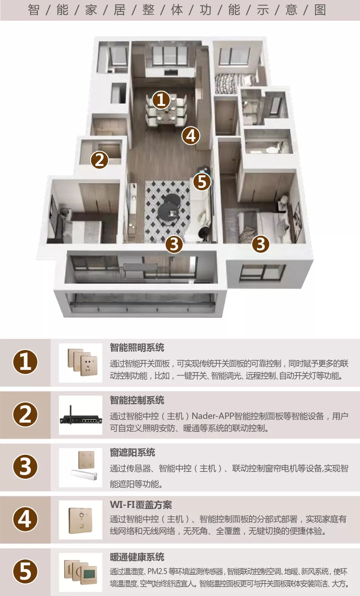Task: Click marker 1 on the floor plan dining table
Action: (x=161, y=100)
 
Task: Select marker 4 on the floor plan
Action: (x=191, y=136)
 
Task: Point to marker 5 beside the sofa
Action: (x=202, y=182)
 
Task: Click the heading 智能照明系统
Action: (x=137, y=348)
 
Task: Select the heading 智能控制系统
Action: (x=137, y=400)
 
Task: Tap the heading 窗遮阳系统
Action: (x=133, y=452)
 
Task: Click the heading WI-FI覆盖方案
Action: (x=141, y=505)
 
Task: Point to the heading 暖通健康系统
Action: (x=137, y=557)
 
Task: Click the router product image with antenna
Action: (x=81, y=415)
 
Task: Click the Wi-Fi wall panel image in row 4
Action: (x=80, y=519)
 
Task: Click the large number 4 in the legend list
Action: (x=25, y=519)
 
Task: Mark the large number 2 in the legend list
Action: (x=25, y=414)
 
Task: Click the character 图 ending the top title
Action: (x=320, y=10)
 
